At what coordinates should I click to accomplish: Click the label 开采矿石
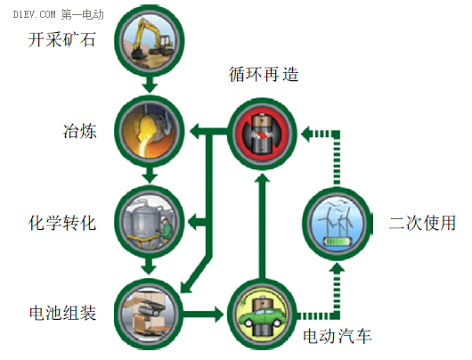[x=61, y=39]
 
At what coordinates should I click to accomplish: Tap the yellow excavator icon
[x=150, y=40]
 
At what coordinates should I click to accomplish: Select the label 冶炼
[x=80, y=131]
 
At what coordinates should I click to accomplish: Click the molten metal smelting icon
[x=150, y=131]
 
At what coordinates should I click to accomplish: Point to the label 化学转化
[x=62, y=223]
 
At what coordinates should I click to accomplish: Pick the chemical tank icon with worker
[x=150, y=222]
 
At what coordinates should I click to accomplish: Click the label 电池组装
[x=62, y=313]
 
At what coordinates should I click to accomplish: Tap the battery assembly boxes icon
[x=150, y=314]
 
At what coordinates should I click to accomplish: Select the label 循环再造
[x=264, y=74]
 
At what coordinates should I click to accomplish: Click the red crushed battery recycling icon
[x=262, y=134]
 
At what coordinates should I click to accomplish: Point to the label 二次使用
[x=422, y=223]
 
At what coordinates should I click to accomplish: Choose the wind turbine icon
[x=338, y=223]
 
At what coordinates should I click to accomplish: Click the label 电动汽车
[x=338, y=336]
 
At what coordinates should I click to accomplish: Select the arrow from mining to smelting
[x=150, y=85]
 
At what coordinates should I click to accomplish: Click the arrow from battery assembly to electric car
[x=204, y=315]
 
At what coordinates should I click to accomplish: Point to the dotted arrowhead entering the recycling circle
[x=306, y=134]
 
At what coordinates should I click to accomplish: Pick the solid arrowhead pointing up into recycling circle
[x=262, y=180]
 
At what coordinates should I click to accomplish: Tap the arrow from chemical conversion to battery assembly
[x=150, y=266]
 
